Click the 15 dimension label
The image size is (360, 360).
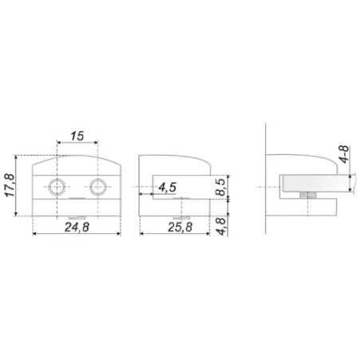[x=77, y=136]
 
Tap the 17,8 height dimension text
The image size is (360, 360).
[x=10, y=185]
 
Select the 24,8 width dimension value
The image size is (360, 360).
[x=77, y=227]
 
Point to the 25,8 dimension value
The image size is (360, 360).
[x=180, y=227]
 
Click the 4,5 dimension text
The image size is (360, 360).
[x=167, y=188]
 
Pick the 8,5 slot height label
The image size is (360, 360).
[x=220, y=188]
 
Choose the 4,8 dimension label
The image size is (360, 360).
[x=220, y=226]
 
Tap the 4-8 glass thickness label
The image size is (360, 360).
[x=344, y=154]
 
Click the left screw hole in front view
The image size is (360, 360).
[x=57, y=187]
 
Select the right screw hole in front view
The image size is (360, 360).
[x=97, y=187]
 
